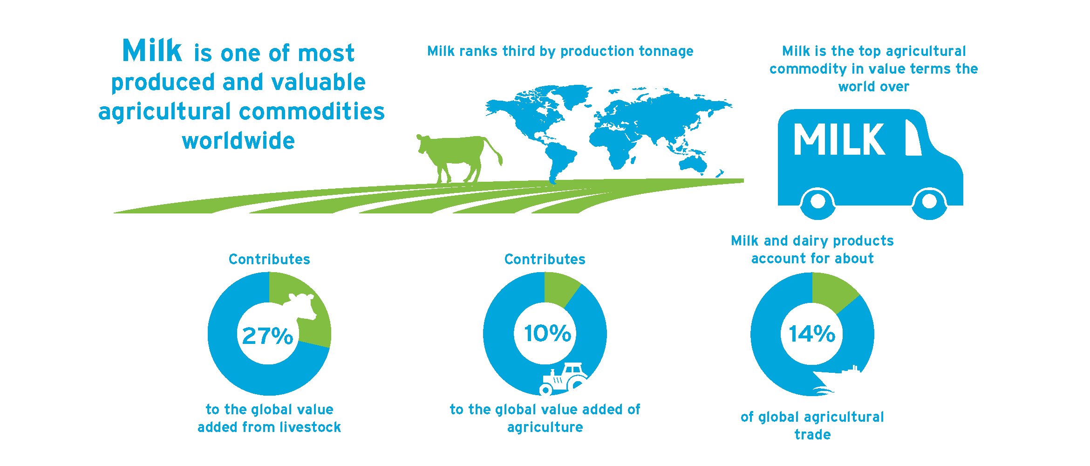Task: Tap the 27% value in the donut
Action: click(x=268, y=336)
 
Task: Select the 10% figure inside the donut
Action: click(x=547, y=333)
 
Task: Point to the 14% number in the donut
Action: click(x=812, y=334)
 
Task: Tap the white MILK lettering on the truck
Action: click(x=839, y=139)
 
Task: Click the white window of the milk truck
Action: click(x=913, y=137)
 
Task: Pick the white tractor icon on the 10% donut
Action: click(x=564, y=379)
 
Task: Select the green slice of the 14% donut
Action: click(x=832, y=291)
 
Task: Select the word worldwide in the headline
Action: click(x=238, y=141)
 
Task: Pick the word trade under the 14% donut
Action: click(x=813, y=435)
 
